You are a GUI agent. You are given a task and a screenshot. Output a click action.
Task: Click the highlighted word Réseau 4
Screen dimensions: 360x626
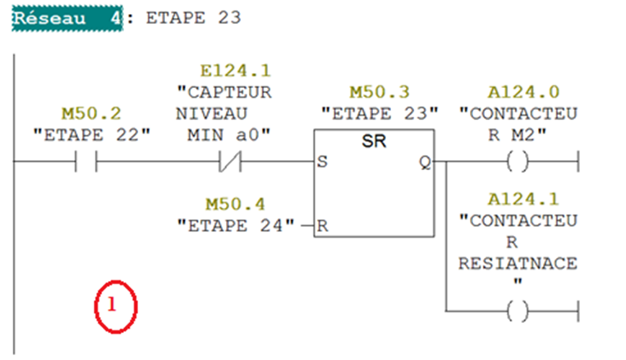(67, 18)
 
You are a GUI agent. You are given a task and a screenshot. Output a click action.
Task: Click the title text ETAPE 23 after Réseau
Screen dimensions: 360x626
(193, 18)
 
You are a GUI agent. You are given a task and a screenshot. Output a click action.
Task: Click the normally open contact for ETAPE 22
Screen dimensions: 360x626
(85, 163)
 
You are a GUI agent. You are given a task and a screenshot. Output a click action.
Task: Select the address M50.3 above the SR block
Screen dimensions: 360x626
(380, 91)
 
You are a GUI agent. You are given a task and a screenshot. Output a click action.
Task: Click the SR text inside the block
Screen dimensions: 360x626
(374, 142)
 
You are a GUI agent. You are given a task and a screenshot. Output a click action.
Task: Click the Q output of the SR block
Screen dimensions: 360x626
(425, 163)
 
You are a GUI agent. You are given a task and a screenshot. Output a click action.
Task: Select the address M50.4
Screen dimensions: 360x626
(235, 202)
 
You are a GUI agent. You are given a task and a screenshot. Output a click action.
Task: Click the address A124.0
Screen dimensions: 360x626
(518, 91)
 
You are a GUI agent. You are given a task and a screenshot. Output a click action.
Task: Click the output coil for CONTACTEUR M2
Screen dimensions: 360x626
(518, 163)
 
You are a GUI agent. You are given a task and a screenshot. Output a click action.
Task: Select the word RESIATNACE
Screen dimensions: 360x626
(518, 263)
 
